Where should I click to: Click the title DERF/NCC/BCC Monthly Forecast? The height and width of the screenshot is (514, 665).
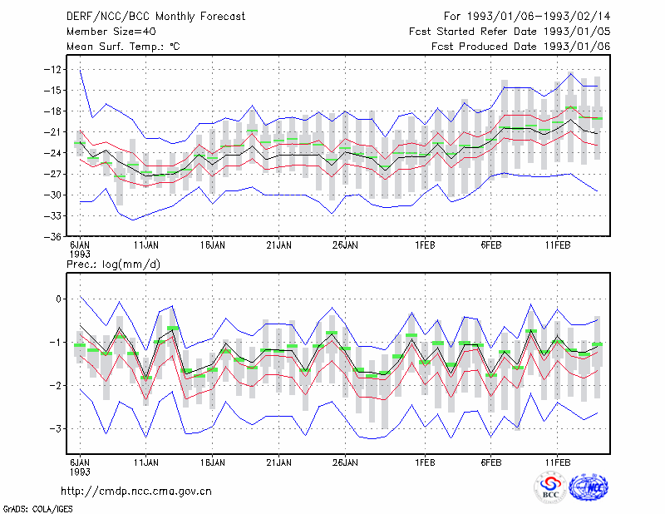pos(155,17)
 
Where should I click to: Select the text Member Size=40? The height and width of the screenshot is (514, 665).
pos(111,32)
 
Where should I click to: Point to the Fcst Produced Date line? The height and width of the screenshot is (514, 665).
pos(521,47)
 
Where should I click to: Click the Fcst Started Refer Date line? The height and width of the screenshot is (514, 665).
pos(510,32)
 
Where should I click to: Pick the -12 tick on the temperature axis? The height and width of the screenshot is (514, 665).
pos(52,69)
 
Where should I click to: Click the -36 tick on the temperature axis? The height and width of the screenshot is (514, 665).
pos(52,236)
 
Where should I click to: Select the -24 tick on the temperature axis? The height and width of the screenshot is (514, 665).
pos(52,153)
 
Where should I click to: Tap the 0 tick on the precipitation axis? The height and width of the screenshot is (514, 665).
pos(58,299)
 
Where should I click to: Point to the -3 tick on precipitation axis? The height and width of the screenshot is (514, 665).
pos(55,428)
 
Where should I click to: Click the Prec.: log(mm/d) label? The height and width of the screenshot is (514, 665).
pos(113,264)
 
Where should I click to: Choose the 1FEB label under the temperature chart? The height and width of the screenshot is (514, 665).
pos(425,245)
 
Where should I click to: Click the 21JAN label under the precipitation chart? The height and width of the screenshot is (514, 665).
pos(278,462)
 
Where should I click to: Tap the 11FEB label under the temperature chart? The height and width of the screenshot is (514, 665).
pos(557,245)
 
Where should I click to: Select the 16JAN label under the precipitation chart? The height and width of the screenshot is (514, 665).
pos(213,462)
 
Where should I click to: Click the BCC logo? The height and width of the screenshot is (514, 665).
pos(550,488)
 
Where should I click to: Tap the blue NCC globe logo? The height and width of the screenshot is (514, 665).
pos(589,487)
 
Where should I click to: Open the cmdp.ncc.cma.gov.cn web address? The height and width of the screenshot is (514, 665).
pos(136,492)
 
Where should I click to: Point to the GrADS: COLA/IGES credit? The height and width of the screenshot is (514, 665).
pos(37,509)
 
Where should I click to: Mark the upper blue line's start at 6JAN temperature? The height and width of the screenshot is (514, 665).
pos(80,69)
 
